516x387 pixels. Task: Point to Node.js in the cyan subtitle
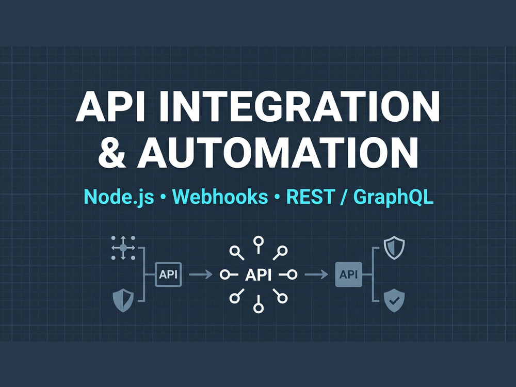(119, 197)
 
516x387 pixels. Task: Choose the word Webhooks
(220, 197)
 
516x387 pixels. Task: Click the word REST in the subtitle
(310, 197)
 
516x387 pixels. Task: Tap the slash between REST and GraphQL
(344, 197)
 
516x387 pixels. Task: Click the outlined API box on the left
(168, 274)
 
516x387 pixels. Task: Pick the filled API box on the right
(348, 274)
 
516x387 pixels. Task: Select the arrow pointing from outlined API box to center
(201, 274)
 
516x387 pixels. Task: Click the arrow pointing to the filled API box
(316, 274)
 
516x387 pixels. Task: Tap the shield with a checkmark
(394, 300)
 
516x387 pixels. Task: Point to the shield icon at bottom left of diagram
(123, 300)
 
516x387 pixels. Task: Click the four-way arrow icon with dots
(123, 248)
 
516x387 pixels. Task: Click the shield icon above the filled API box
(394, 248)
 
